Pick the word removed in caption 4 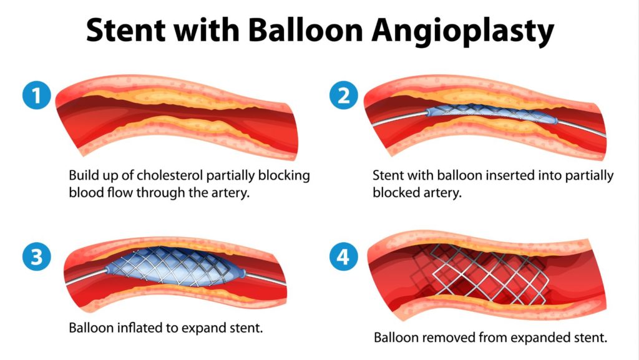(x=447, y=338)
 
